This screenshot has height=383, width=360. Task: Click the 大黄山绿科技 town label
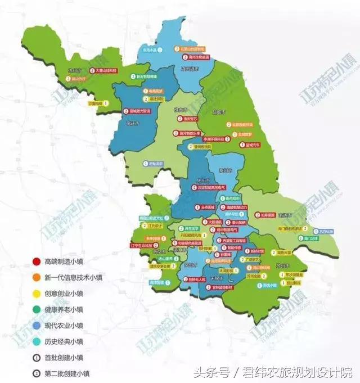point(106,71)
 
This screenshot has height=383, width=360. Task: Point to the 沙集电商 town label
point(96,103)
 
